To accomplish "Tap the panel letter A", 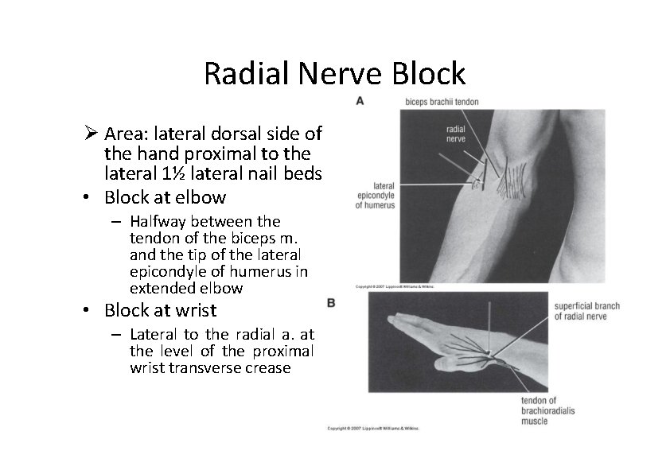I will (x=360, y=101).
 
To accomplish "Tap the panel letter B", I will (x=330, y=303).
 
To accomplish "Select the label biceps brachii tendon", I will (x=442, y=102).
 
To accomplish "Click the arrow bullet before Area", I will (x=92, y=132).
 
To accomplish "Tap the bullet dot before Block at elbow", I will (x=92, y=197).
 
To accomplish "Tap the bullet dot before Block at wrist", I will (x=92, y=310).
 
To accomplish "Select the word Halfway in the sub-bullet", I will (x=156, y=220).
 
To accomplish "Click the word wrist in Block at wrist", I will (x=198, y=310).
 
